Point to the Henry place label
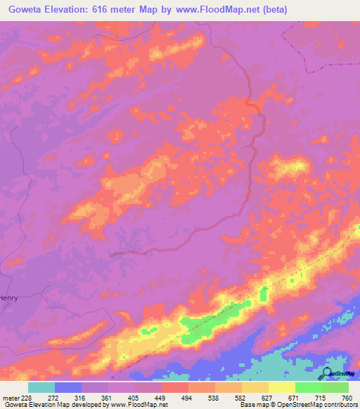(8, 298)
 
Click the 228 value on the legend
(27, 397)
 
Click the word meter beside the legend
(10, 397)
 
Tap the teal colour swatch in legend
(41, 387)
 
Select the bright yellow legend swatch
(281, 387)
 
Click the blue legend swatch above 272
(68, 387)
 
